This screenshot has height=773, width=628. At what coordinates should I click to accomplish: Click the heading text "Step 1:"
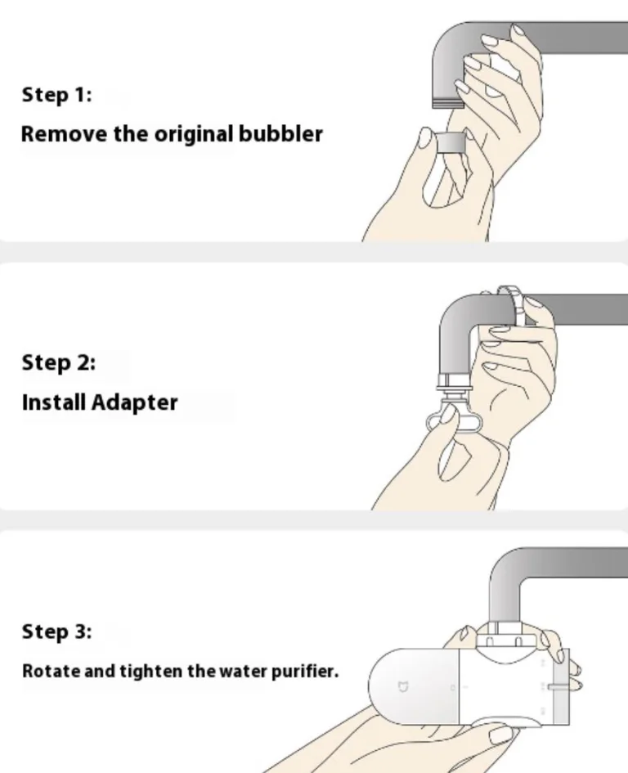point(56,94)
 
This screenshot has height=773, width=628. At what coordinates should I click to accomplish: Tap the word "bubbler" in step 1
point(280,134)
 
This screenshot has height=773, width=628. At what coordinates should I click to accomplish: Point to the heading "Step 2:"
point(59,362)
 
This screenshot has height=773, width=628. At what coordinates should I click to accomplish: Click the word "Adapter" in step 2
point(135,403)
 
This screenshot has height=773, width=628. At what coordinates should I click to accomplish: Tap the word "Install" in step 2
point(54,402)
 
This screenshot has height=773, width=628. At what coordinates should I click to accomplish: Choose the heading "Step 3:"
point(56,631)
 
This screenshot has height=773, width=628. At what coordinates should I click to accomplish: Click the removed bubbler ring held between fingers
point(451,142)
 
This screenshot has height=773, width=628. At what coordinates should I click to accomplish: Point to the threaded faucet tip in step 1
point(447,102)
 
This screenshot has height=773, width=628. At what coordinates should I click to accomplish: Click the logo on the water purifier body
point(403,687)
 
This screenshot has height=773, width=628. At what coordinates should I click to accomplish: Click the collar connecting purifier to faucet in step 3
point(505,640)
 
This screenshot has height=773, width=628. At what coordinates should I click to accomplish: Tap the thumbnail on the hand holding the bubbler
point(424,138)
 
